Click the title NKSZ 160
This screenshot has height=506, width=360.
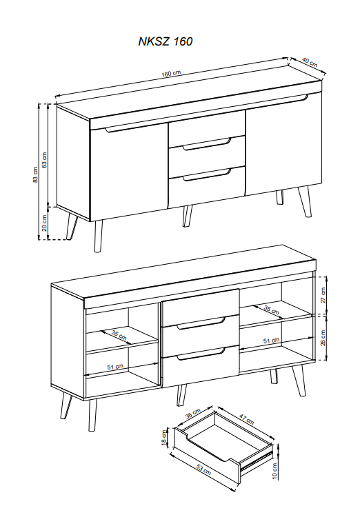[x=166, y=41]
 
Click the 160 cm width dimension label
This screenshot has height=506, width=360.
[x=171, y=73]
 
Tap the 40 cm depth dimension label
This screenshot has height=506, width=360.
[x=310, y=62]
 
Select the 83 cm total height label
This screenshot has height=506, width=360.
[x=35, y=174]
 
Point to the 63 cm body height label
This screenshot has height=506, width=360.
[x=45, y=160]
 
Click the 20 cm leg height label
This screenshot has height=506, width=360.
[x=45, y=223]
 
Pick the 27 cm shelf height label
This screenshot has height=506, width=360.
[x=323, y=295]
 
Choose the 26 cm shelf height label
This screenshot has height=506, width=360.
[x=323, y=338]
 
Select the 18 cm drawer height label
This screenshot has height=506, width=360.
[x=164, y=438]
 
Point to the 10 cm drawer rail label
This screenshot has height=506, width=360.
[x=274, y=471]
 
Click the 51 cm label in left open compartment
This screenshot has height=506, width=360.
[x=115, y=367]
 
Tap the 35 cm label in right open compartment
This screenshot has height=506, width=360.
[x=271, y=310]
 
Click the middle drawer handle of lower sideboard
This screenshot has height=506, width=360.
[x=201, y=324]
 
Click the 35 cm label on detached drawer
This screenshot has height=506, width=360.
[x=193, y=414]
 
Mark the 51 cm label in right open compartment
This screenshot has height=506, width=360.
[x=271, y=341]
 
